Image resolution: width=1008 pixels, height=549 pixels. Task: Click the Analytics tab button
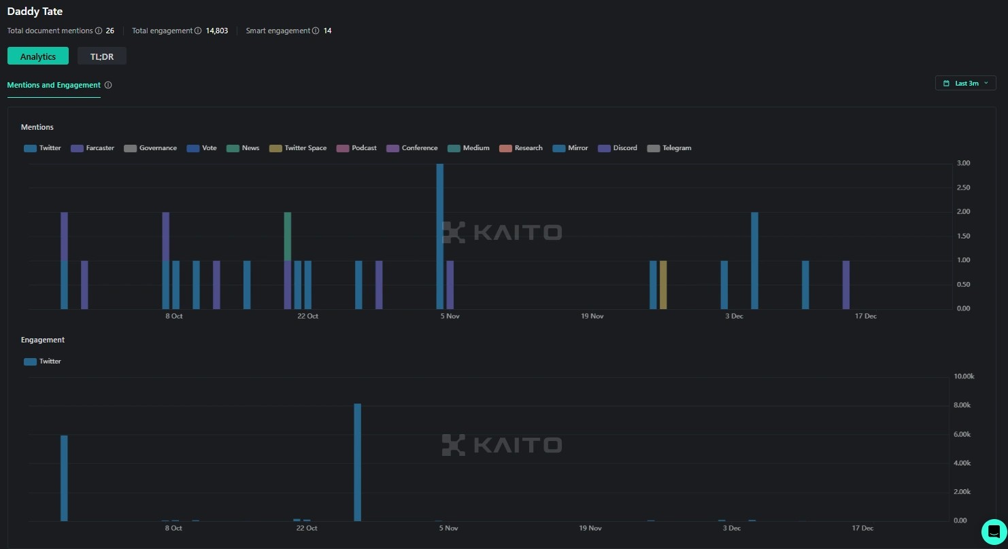[38, 56]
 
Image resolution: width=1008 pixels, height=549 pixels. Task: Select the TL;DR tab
[102, 56]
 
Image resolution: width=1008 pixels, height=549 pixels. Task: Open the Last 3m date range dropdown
[965, 83]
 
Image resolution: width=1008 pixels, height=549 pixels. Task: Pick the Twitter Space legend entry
[298, 148]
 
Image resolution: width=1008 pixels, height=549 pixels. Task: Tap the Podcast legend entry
[357, 148]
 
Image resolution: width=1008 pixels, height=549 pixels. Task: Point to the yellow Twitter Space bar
[663, 285]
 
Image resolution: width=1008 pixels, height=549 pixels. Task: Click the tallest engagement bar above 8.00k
[358, 462]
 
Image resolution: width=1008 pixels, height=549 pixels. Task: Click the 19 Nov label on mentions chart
[592, 316]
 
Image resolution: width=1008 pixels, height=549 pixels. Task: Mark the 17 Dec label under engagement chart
[862, 528]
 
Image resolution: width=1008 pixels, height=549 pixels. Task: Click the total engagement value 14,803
[217, 31]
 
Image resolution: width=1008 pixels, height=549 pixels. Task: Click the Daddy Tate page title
[35, 12]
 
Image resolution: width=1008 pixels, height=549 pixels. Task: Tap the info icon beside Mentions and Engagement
[108, 85]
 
